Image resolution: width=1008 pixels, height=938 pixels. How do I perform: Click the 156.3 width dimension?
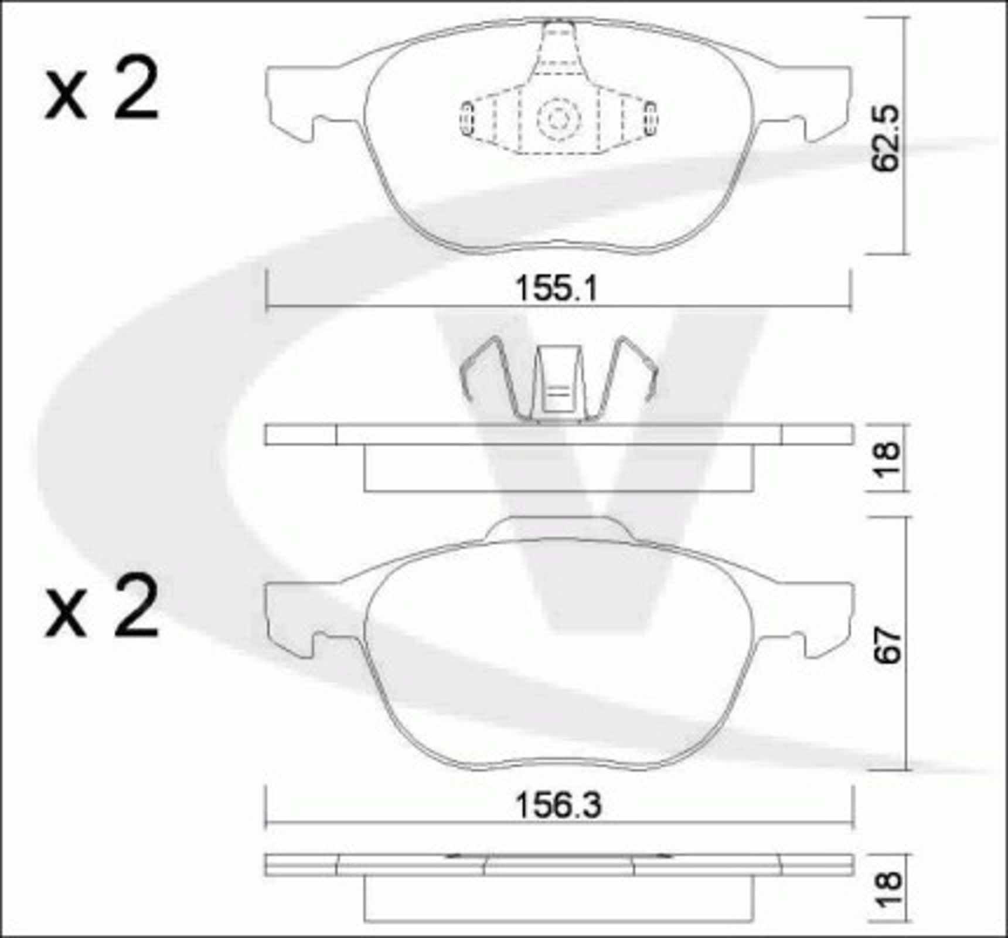[x=558, y=806]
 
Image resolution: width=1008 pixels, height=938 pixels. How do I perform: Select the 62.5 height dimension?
[x=886, y=138]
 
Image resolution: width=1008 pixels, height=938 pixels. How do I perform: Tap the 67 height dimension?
[x=887, y=646]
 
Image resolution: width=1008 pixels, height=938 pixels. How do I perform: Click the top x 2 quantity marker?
[x=101, y=90]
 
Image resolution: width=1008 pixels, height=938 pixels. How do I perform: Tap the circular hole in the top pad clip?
[x=558, y=120]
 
